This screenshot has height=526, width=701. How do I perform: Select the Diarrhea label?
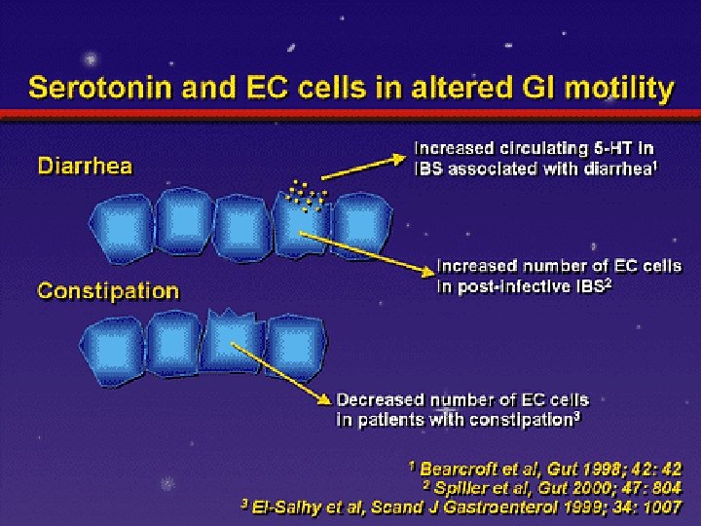85,165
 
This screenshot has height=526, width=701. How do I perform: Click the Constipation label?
108,290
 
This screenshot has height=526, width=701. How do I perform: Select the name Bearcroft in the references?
462,469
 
